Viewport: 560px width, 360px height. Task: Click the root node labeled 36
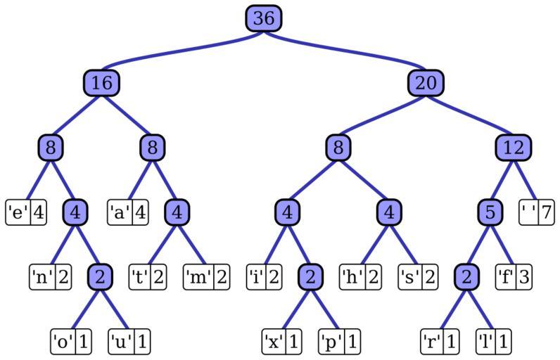(x=264, y=18)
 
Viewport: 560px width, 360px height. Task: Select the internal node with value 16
(x=101, y=83)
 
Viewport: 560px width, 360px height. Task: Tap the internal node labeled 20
(x=426, y=83)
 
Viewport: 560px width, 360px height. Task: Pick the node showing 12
(x=513, y=148)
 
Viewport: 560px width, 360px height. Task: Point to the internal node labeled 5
(x=490, y=212)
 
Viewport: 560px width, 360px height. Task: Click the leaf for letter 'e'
(x=26, y=212)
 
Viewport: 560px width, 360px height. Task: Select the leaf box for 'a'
(x=128, y=212)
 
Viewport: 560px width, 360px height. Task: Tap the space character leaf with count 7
(x=537, y=212)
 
